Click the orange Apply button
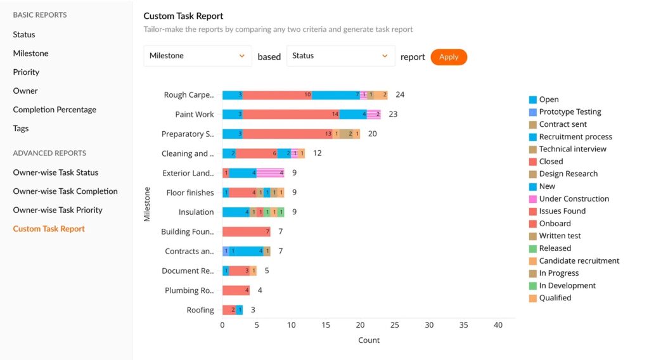coord(449,57)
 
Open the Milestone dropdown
coord(198,56)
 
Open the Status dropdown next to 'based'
coord(341,56)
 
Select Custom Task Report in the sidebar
coord(49,229)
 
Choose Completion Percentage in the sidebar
coord(55,110)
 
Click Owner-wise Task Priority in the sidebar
coord(58,210)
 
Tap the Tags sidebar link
coord(21,128)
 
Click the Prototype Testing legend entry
coord(569,112)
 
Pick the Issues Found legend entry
coord(562,211)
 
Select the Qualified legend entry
coord(555,298)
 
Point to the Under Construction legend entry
coord(574,198)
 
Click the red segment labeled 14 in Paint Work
coord(291,115)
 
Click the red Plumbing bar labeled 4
coord(236,290)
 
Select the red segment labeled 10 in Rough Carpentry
coord(277,95)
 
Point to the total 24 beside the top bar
coord(400,95)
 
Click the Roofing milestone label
coord(200,310)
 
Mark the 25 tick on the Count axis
coord(395,325)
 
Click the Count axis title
coord(369,340)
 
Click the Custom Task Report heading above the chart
coord(183,16)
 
